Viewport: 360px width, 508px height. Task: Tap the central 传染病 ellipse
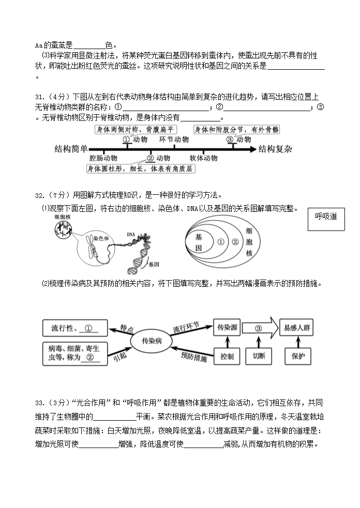click(145, 341)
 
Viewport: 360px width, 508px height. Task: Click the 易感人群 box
click(297, 328)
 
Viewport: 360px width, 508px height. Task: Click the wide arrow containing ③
click(260, 328)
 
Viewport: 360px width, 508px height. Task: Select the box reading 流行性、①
click(74, 328)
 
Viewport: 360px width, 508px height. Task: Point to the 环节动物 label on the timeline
click(174, 140)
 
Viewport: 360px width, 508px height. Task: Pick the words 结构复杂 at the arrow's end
click(276, 149)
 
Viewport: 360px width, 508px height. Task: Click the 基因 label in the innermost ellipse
click(199, 242)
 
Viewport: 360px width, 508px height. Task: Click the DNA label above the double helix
click(130, 234)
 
